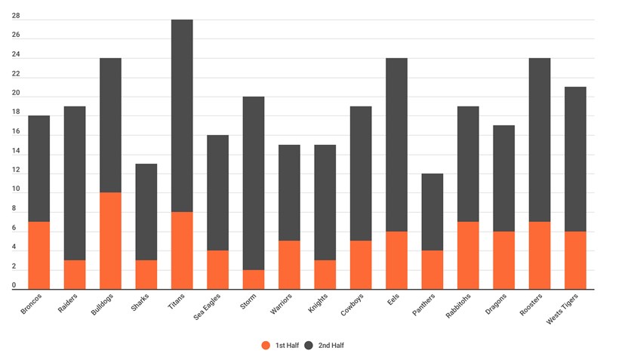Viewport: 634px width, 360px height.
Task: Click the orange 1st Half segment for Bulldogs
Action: (110, 241)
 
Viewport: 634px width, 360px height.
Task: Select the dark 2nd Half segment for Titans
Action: (182, 115)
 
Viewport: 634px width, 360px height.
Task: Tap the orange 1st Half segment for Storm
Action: (253, 279)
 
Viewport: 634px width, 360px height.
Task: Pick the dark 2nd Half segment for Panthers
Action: (432, 212)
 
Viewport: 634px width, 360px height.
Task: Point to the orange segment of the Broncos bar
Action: (38, 255)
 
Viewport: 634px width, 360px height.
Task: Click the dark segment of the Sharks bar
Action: (146, 212)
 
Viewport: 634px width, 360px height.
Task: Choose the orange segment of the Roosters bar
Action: (539, 255)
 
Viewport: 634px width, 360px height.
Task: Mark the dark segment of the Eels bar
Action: (396, 144)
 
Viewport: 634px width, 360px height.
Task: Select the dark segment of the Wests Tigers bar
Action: (574, 158)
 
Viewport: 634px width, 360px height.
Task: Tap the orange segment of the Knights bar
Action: (325, 275)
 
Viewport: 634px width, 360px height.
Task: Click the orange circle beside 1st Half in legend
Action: (265, 345)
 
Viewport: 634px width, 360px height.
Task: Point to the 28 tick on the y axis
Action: (16, 16)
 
